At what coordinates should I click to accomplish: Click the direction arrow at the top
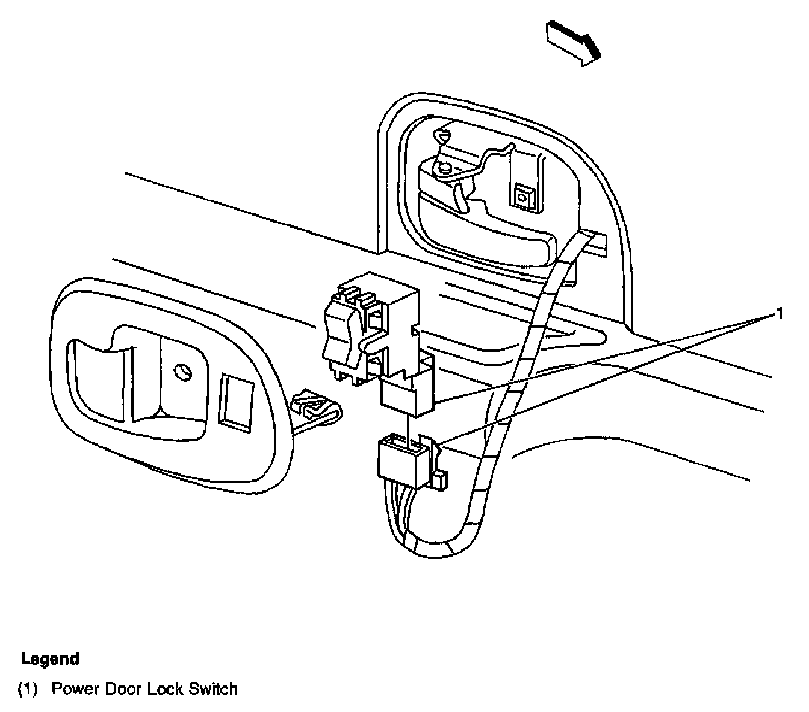pos(574,42)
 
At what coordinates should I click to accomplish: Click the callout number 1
pos(780,314)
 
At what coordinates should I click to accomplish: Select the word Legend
pos(50,658)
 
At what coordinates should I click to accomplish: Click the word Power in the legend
pos(75,689)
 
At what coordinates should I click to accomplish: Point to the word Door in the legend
pos(123,689)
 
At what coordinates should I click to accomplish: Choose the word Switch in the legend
pos(213,689)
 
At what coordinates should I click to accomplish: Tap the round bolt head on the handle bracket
pos(445,169)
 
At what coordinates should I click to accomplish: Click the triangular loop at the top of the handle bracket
pos(442,137)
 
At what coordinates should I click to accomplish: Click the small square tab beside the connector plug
pos(440,480)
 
